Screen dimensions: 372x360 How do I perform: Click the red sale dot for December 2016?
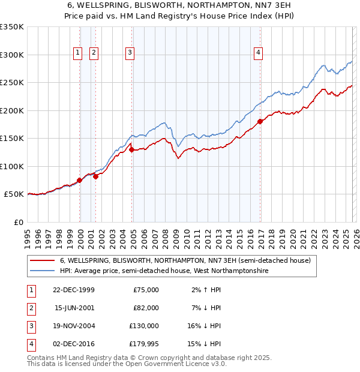[260, 122]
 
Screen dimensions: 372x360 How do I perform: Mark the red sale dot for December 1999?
[79, 180]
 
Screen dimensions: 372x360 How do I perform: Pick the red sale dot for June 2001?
[95, 176]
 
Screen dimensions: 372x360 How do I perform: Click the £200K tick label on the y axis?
[11, 110]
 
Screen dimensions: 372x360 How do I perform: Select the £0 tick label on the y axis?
[17, 222]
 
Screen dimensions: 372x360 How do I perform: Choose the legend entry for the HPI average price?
[164, 271]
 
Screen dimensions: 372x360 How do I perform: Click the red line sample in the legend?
[42, 261]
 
